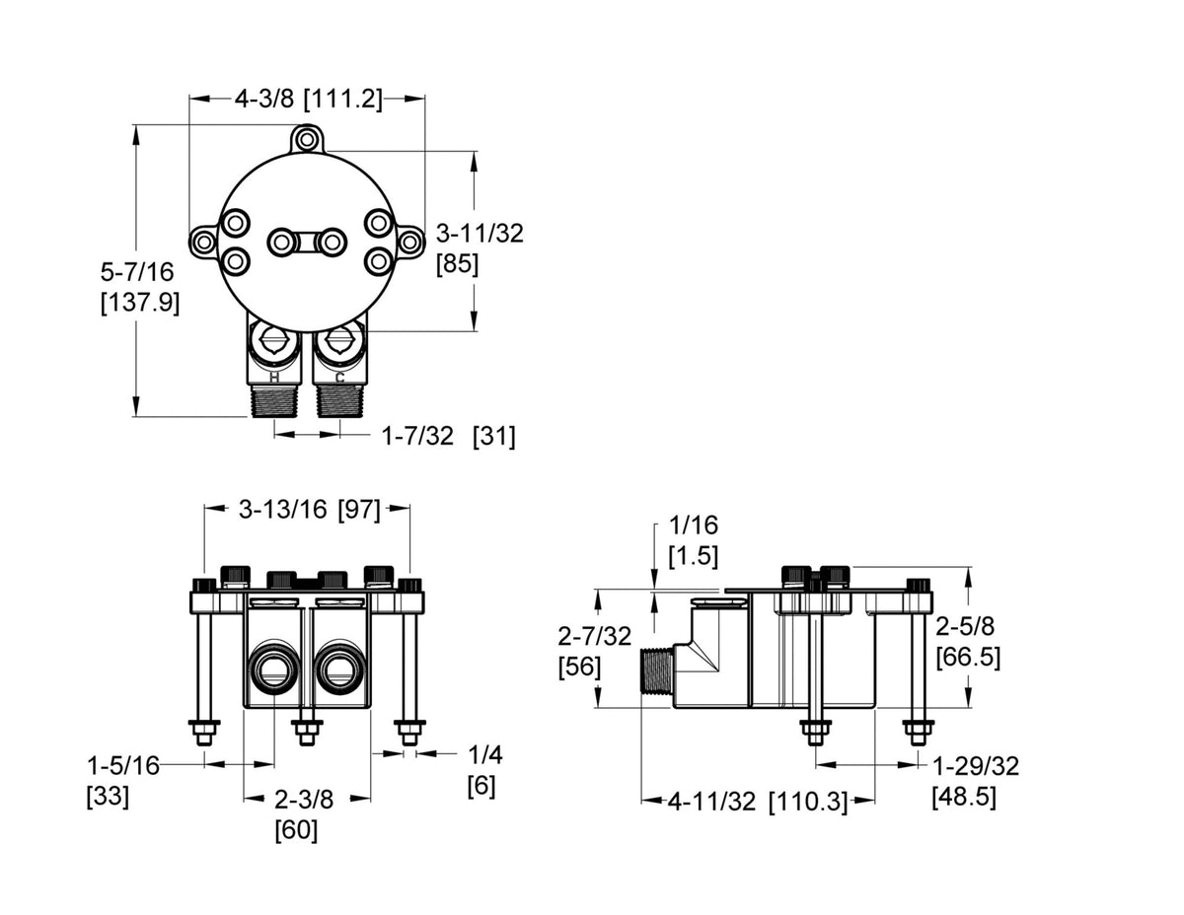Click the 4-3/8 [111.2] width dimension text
(x=309, y=99)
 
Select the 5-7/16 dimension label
(x=137, y=271)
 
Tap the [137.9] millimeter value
(x=140, y=303)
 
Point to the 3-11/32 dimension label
(x=480, y=234)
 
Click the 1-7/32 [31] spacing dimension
(x=448, y=437)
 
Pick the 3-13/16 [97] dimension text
(x=309, y=510)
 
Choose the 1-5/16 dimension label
(x=123, y=766)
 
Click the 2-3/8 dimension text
(x=304, y=800)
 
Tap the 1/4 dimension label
(x=484, y=755)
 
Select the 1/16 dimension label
(x=693, y=526)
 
